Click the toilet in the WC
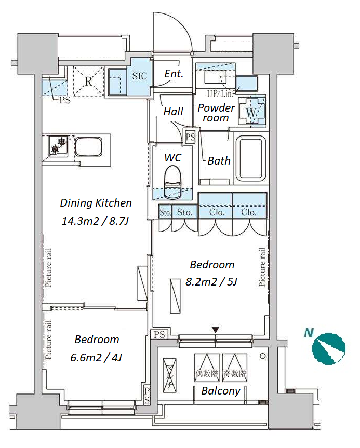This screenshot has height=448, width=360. click(x=172, y=182)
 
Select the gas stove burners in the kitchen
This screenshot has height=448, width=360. click(x=58, y=146)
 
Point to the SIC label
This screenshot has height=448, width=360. click(x=140, y=76)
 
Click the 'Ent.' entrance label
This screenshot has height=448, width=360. click(x=174, y=74)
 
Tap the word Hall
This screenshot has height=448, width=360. click(x=174, y=112)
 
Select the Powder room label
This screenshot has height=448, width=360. click(x=216, y=113)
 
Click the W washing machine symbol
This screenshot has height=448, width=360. click(x=251, y=112)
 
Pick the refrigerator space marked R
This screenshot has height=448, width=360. click(x=88, y=82)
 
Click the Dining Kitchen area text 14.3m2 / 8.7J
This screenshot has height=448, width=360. click(x=95, y=221)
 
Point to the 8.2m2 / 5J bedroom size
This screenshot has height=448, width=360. click(x=211, y=282)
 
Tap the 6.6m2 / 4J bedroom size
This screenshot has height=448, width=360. click(x=96, y=358)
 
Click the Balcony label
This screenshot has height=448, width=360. click(x=221, y=391)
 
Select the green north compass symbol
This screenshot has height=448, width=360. click(x=328, y=348)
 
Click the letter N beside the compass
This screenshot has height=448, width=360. click(x=309, y=333)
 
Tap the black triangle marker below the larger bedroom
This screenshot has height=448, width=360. click(x=216, y=330)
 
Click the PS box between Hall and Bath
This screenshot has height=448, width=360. click(x=190, y=137)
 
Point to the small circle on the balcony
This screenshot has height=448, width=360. click(x=262, y=356)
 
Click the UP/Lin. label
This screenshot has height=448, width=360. click(x=220, y=94)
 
